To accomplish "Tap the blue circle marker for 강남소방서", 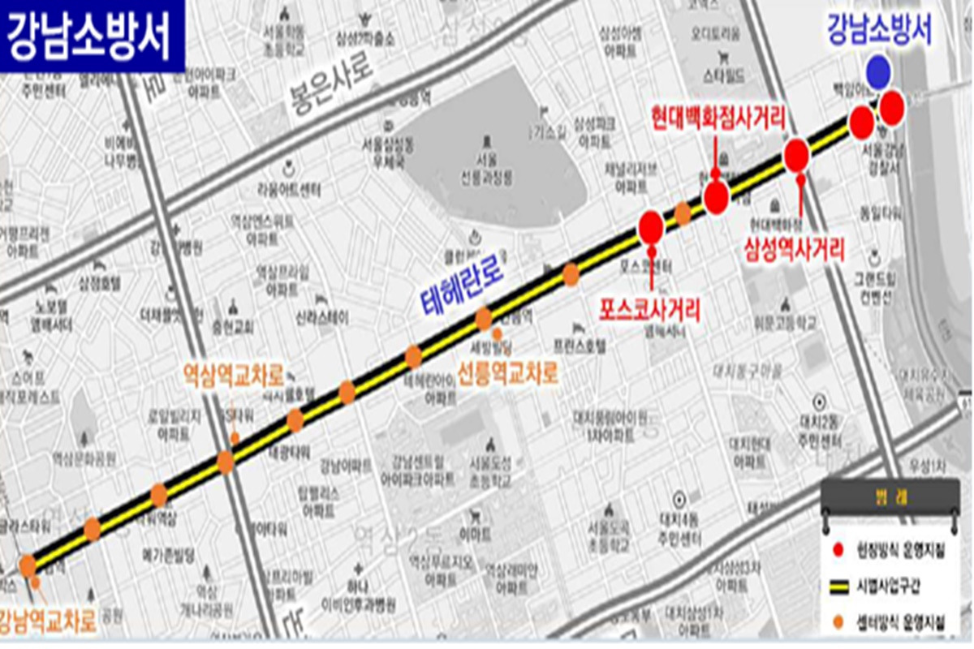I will [x=877, y=72].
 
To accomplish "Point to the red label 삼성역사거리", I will [x=795, y=249].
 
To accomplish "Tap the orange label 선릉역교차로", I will [x=509, y=375].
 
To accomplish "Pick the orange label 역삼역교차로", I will [x=234, y=376].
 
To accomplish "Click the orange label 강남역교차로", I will [x=49, y=621].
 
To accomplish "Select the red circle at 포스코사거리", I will [x=651, y=227].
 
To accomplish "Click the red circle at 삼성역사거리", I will [x=797, y=155].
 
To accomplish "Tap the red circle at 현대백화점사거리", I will [x=716, y=198].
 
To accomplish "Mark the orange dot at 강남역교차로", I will [x=28, y=565].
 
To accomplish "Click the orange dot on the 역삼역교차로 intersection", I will [x=226, y=462].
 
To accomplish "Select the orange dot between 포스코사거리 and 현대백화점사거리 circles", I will [x=683, y=213].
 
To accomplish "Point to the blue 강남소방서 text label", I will [x=879, y=31].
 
